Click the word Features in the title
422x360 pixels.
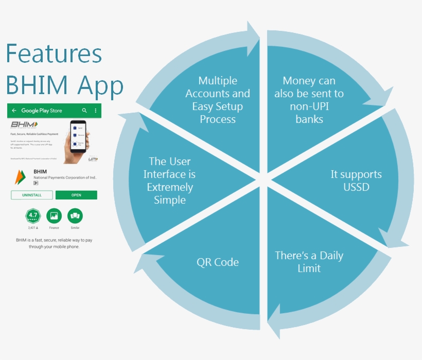54,53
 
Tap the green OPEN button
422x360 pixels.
76,195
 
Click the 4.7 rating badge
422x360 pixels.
32,215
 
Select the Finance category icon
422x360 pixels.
54,215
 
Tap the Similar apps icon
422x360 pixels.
75,215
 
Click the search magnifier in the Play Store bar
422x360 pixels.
85,111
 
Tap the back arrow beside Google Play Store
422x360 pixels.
14,111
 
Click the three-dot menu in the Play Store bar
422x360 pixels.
95,111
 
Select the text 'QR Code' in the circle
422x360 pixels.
218,262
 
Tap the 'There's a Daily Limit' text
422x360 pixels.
309,262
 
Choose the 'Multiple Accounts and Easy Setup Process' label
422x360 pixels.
218,100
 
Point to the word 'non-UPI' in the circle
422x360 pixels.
309,106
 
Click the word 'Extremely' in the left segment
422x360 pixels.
170,187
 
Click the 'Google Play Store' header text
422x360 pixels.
42,111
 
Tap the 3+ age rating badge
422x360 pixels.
36,183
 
